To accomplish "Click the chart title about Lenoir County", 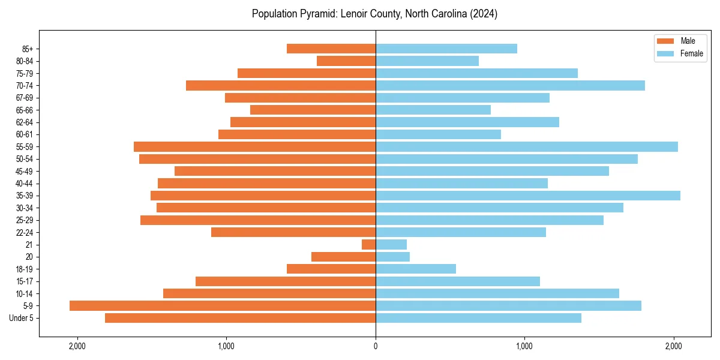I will (x=374, y=14).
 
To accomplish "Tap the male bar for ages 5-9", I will (x=223, y=306).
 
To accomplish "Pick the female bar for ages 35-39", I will (x=528, y=196).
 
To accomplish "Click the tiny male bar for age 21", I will (x=368, y=245).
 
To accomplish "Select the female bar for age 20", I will (x=392, y=257).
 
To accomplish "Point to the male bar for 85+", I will (x=331, y=49).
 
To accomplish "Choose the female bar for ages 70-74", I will (x=510, y=85).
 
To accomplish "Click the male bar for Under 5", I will (x=240, y=318).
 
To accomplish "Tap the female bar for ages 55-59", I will (x=527, y=146).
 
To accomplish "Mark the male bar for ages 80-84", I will (x=346, y=61).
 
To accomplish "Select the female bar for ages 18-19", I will (x=416, y=269).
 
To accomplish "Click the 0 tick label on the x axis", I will (x=376, y=346).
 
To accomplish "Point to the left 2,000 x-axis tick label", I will (x=77, y=346).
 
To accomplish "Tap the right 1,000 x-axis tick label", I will (x=524, y=346).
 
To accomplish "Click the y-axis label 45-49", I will (x=24, y=171).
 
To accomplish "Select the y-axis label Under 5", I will (x=22, y=318).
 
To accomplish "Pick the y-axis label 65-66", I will (x=24, y=110).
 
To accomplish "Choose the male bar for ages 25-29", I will (x=258, y=220).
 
